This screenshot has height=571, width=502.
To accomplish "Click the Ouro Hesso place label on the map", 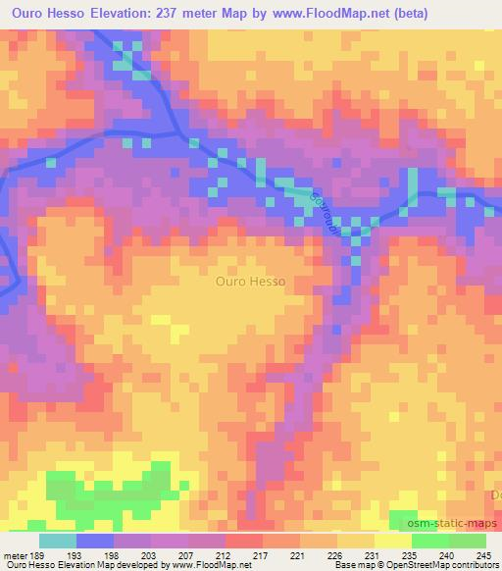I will (250, 282).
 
